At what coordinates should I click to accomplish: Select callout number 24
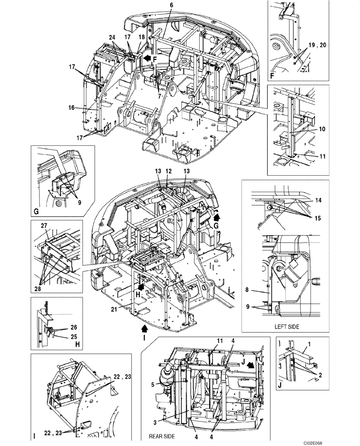pos(112,38)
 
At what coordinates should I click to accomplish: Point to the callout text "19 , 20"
pos(318,45)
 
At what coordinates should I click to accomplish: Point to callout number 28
pos(40,282)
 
